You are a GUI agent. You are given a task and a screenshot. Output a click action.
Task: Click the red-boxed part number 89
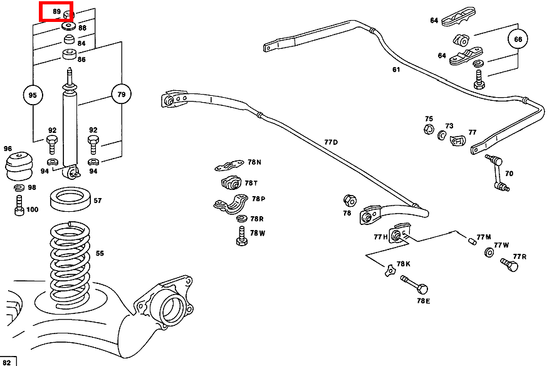tap(56, 11)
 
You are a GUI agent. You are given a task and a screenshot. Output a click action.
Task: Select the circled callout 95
tap(33, 95)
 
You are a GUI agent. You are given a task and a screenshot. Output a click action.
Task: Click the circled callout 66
tap(518, 39)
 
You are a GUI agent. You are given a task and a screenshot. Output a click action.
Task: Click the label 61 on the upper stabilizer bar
tap(396, 70)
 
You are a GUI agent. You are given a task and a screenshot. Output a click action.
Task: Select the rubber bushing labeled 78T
tap(231, 184)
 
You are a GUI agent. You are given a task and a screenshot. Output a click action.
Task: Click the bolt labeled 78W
tap(241, 237)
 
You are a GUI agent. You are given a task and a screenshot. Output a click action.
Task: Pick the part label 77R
tap(520, 256)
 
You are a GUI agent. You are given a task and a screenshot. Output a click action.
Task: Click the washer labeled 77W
tap(489, 253)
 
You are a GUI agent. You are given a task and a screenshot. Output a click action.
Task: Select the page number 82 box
tap(8, 362)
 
